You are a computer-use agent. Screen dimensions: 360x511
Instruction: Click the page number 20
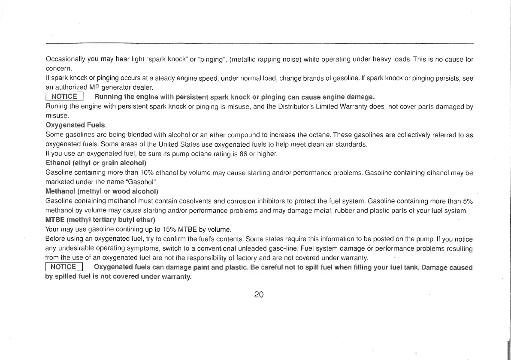coord(258,294)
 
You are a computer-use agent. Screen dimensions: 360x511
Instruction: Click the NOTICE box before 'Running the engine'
coord(64,97)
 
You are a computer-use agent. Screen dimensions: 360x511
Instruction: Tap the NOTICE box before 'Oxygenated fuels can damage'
coord(63,267)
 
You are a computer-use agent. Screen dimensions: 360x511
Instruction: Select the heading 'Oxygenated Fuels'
coord(75,125)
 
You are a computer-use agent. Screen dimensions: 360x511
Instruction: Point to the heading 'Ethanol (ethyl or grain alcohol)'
coord(96,163)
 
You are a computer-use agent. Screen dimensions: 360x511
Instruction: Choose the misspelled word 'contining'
coord(113,229)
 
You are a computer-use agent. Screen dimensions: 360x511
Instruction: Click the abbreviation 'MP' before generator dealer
coord(101,88)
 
